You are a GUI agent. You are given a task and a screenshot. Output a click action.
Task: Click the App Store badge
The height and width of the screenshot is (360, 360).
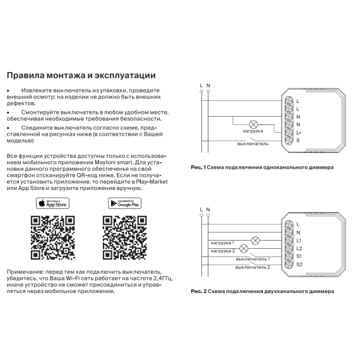[x=52, y=203]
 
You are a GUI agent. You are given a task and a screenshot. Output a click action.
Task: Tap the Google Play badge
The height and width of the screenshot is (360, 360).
[x=124, y=203]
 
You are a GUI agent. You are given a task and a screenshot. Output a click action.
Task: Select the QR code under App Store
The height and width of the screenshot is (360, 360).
[x=53, y=237]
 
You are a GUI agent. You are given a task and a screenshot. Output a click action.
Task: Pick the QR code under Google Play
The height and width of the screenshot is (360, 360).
[x=124, y=237]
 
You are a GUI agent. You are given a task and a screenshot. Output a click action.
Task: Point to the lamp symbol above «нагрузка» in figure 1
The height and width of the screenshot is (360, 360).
[x=253, y=124]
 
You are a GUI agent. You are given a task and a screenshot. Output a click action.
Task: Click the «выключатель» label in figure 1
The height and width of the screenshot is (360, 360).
[x=253, y=144]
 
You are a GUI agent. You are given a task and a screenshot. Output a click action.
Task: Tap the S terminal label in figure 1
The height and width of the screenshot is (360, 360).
[x=297, y=140]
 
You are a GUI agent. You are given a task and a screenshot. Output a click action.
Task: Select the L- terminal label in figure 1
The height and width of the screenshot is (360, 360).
[x=299, y=133]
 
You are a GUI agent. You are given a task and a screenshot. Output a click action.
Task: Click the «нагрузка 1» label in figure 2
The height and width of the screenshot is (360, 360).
[x=222, y=243]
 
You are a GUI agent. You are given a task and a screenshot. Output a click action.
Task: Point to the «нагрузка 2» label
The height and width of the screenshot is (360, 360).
[x=223, y=251]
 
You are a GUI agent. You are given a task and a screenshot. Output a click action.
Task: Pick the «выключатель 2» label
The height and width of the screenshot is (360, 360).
[x=253, y=267]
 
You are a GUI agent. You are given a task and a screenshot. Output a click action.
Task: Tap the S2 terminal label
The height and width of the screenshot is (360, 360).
[x=299, y=265]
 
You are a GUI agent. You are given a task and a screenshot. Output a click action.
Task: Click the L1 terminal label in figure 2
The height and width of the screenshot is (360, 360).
[x=299, y=241]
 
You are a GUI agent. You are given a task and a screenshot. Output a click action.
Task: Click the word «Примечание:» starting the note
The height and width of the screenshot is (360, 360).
[x=25, y=272]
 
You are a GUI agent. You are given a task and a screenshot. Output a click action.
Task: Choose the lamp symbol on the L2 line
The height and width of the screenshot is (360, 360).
[x=244, y=249]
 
